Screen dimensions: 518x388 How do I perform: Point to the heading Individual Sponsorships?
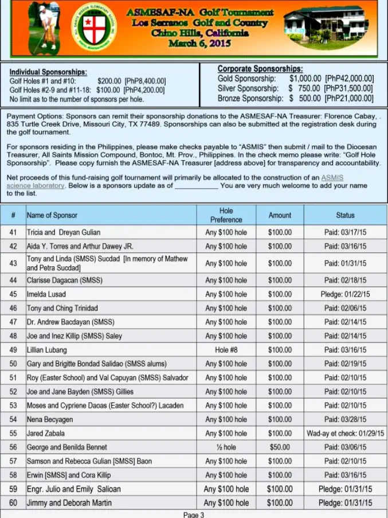click(48, 72)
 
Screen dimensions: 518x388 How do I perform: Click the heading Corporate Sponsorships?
click(260, 69)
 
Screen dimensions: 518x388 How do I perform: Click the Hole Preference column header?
click(226, 215)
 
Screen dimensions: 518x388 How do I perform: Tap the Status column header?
click(345, 215)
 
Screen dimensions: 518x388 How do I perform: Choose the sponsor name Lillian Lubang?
click(47, 350)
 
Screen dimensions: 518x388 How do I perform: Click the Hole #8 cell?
click(226, 350)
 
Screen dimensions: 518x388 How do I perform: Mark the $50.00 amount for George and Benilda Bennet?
click(280, 447)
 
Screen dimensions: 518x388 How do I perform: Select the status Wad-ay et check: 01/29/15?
click(345, 434)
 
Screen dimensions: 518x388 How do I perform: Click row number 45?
click(13, 294)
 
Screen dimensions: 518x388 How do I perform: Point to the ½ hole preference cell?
click(226, 447)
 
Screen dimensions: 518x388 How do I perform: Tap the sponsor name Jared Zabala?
click(46, 434)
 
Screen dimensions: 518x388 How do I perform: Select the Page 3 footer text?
click(194, 514)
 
